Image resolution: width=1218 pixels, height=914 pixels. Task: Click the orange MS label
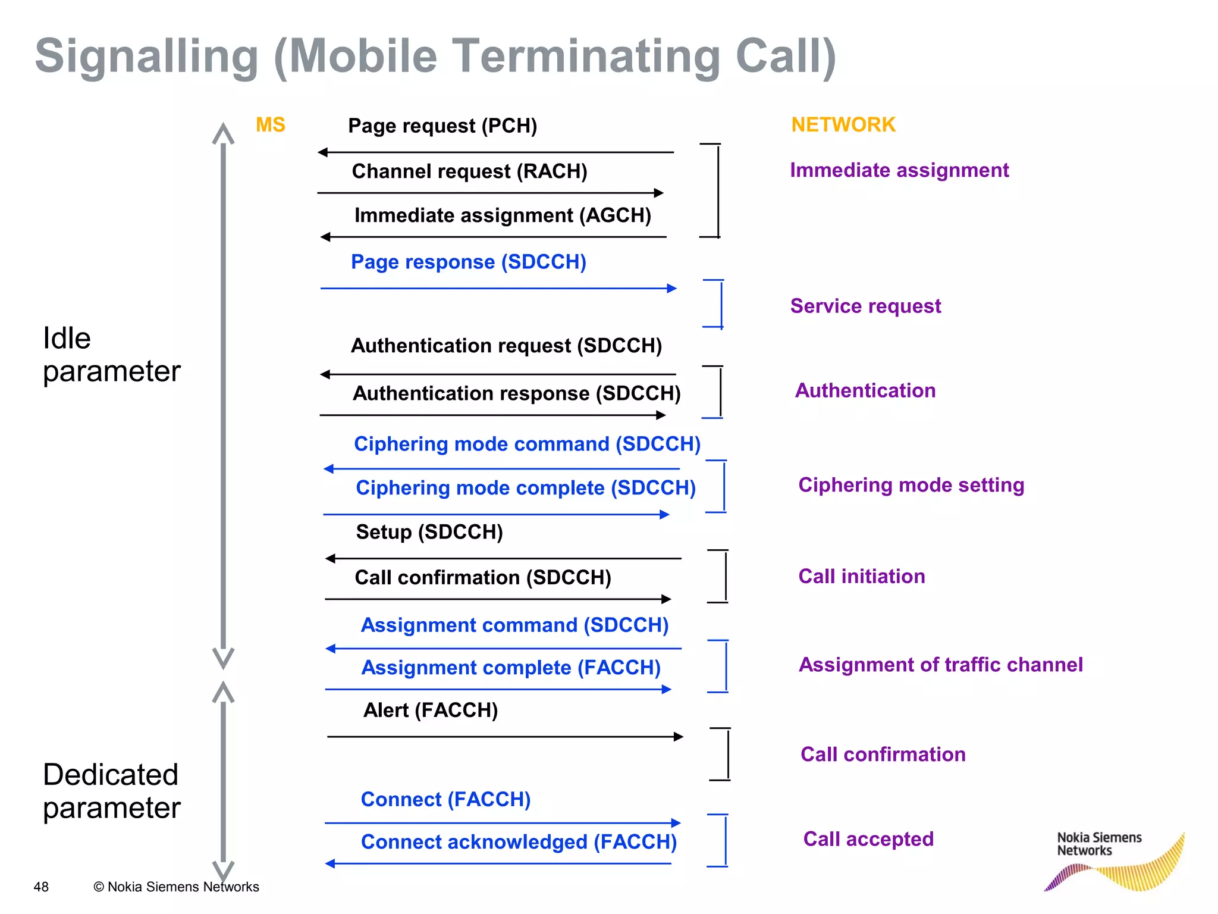tap(270, 125)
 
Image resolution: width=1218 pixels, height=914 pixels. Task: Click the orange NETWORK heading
tap(843, 125)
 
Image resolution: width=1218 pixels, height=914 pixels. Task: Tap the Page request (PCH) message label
tap(442, 126)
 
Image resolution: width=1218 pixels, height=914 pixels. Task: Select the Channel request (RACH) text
tap(469, 171)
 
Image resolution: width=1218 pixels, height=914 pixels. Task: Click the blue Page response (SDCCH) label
tap(468, 262)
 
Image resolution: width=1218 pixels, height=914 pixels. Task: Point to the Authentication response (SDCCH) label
tap(516, 393)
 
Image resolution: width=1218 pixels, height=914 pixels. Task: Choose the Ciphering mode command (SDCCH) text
tap(527, 444)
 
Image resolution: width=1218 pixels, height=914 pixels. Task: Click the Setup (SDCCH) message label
tap(429, 532)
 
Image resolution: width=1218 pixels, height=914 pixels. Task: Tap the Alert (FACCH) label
tap(431, 710)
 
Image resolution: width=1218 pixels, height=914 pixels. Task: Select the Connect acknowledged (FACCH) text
tap(519, 842)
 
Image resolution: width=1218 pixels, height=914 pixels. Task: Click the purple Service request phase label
tap(865, 306)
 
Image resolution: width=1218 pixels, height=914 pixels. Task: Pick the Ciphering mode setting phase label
tap(911, 485)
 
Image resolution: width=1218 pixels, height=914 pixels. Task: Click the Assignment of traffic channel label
tap(940, 665)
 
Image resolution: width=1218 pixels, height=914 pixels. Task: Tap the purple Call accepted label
tap(868, 839)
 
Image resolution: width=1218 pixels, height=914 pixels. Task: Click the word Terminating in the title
tap(588, 57)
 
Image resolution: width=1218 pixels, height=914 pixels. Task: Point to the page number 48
tap(41, 887)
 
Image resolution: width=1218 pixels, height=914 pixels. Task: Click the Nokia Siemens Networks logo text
tap(1098, 844)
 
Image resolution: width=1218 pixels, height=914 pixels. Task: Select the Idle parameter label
tap(111, 355)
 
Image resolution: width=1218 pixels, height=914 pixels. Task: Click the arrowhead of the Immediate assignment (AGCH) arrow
tap(325, 237)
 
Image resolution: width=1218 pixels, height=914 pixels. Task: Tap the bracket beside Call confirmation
tap(727, 754)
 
